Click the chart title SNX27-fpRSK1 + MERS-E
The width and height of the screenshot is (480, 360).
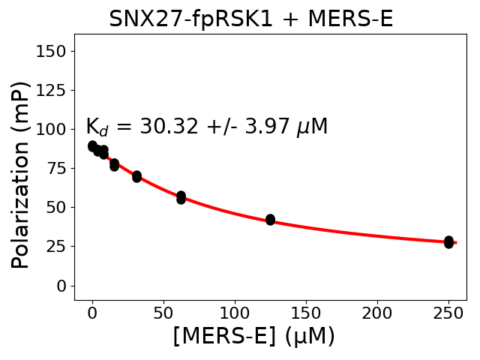click(250, 19)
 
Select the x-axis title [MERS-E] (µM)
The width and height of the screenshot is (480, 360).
click(253, 336)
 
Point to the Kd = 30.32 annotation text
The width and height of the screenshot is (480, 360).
click(206, 127)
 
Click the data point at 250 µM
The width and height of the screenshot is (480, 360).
click(448, 241)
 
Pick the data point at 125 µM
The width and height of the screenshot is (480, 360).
click(270, 220)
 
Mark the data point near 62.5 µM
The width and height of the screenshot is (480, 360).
click(181, 197)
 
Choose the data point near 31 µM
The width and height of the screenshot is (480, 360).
click(136, 176)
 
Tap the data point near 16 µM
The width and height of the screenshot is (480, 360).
click(114, 165)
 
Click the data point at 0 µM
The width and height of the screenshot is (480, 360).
click(92, 146)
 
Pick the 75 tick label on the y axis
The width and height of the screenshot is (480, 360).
click(55, 168)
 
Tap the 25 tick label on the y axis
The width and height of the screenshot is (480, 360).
click(55, 247)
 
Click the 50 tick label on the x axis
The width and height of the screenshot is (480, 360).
click(163, 312)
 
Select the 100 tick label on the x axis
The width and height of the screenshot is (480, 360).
click(235, 312)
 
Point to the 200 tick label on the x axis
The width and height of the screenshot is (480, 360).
click(377, 312)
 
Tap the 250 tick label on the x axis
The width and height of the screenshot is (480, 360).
click(448, 312)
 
